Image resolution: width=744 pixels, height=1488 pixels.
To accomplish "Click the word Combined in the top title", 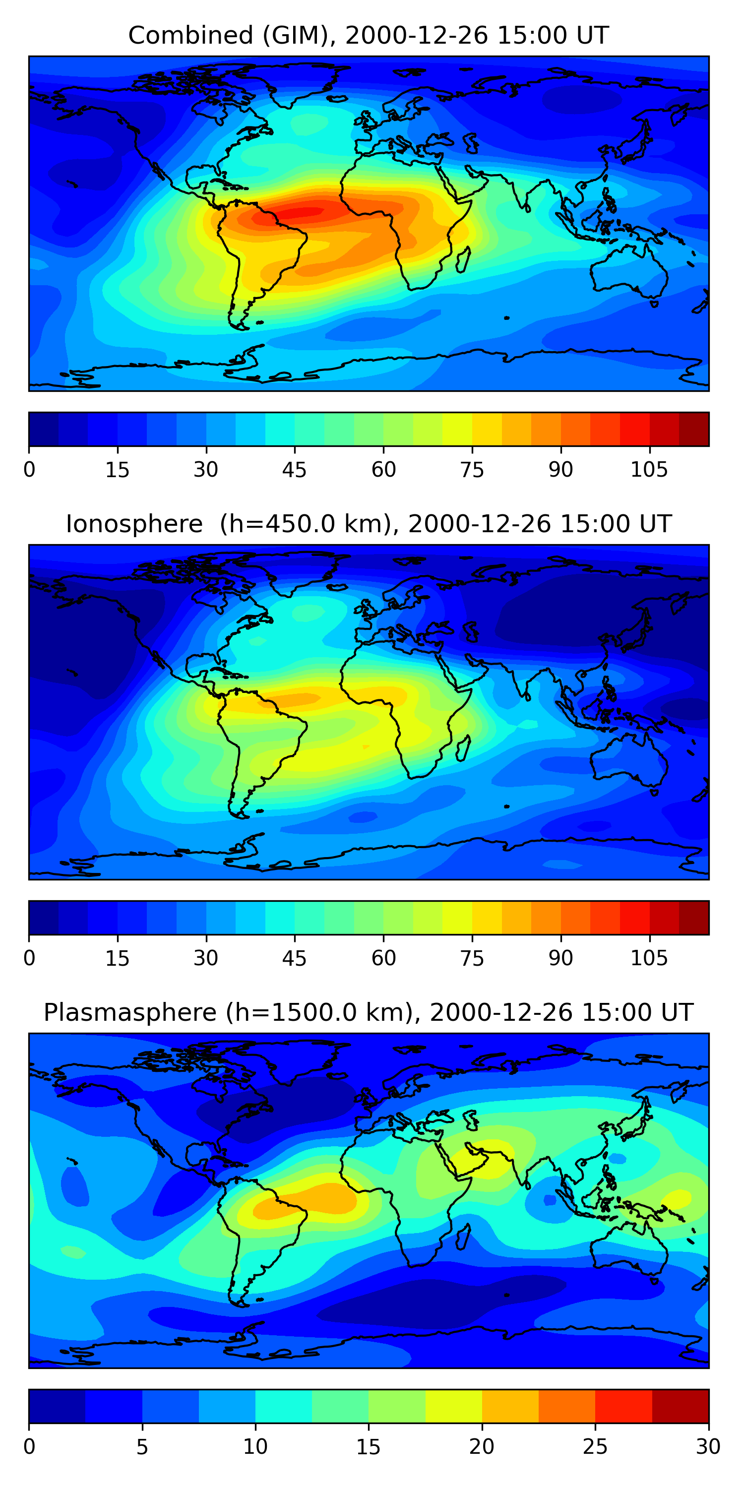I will point(190,36).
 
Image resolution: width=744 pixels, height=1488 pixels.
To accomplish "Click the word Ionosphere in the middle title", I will point(134,524).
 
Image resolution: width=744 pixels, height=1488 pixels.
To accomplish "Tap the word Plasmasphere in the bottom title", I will point(130,1013).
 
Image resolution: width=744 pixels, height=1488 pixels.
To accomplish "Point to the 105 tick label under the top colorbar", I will point(649,470).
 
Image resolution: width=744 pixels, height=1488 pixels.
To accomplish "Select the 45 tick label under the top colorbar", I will point(294,470).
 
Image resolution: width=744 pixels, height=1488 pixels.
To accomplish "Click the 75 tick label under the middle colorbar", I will point(472,958).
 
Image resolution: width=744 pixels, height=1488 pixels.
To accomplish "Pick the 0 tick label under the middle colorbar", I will point(29,958).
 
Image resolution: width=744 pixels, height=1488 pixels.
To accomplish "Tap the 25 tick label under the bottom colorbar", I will point(595,1447).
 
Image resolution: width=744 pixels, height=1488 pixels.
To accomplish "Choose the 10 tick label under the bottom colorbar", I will point(255,1447).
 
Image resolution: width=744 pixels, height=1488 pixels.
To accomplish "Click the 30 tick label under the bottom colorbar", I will point(708,1447).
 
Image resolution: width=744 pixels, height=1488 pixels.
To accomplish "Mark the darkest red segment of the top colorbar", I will point(694,429).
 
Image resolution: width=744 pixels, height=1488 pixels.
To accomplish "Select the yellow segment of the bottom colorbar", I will point(454,1407).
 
